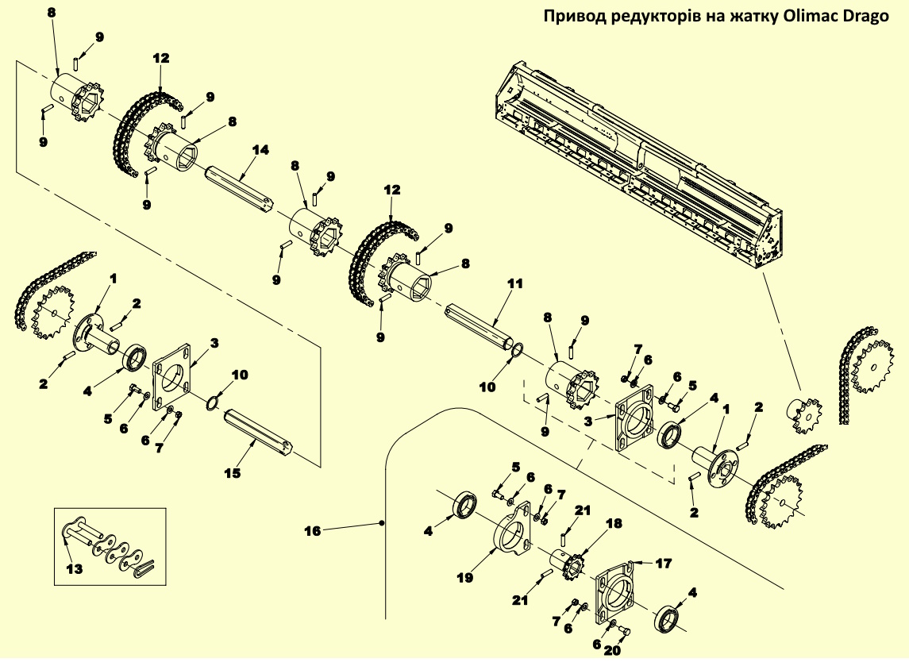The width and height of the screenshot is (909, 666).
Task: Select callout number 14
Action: (x=260, y=149)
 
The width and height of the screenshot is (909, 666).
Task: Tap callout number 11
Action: (x=516, y=283)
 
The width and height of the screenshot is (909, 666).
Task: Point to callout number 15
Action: (x=232, y=473)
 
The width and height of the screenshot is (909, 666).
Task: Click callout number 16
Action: (x=313, y=530)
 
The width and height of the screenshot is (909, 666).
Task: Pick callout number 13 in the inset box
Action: (x=73, y=568)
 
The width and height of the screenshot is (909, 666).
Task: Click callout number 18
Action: (x=614, y=524)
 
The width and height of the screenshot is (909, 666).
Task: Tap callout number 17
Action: (x=663, y=563)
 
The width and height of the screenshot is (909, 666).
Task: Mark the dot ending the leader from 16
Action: (x=383, y=523)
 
